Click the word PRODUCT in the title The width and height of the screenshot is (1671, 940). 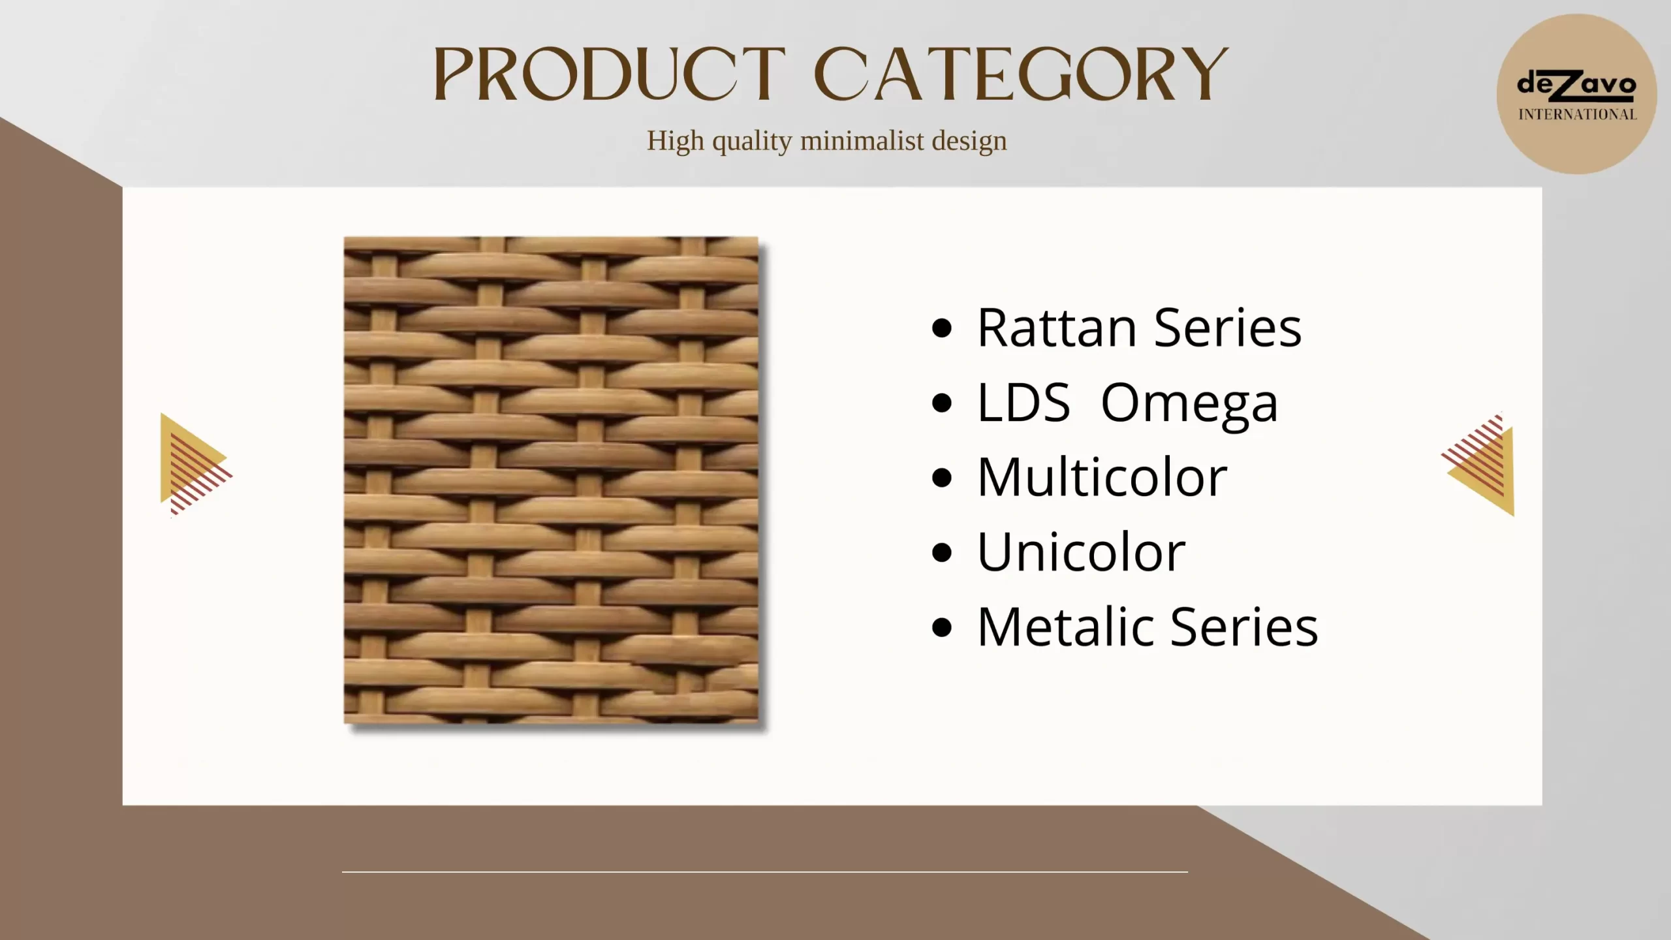[610, 74]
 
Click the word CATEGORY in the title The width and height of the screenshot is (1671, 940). [1021, 74]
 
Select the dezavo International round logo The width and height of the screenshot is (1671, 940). [1576, 94]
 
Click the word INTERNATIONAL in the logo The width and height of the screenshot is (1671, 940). [1577, 115]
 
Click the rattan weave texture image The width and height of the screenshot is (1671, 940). [551, 480]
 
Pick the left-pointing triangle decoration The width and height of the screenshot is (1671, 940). [1478, 464]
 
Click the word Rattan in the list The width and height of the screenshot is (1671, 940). [1057, 328]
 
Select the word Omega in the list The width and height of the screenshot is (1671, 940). [1189, 404]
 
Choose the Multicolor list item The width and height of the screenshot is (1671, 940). [1102, 477]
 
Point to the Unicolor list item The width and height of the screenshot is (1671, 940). [1081, 552]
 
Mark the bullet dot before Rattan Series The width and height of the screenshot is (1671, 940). [942, 328]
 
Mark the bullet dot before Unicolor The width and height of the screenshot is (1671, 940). [942, 553]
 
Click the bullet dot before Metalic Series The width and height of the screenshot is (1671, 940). [942, 627]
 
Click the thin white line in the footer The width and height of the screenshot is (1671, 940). [765, 871]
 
